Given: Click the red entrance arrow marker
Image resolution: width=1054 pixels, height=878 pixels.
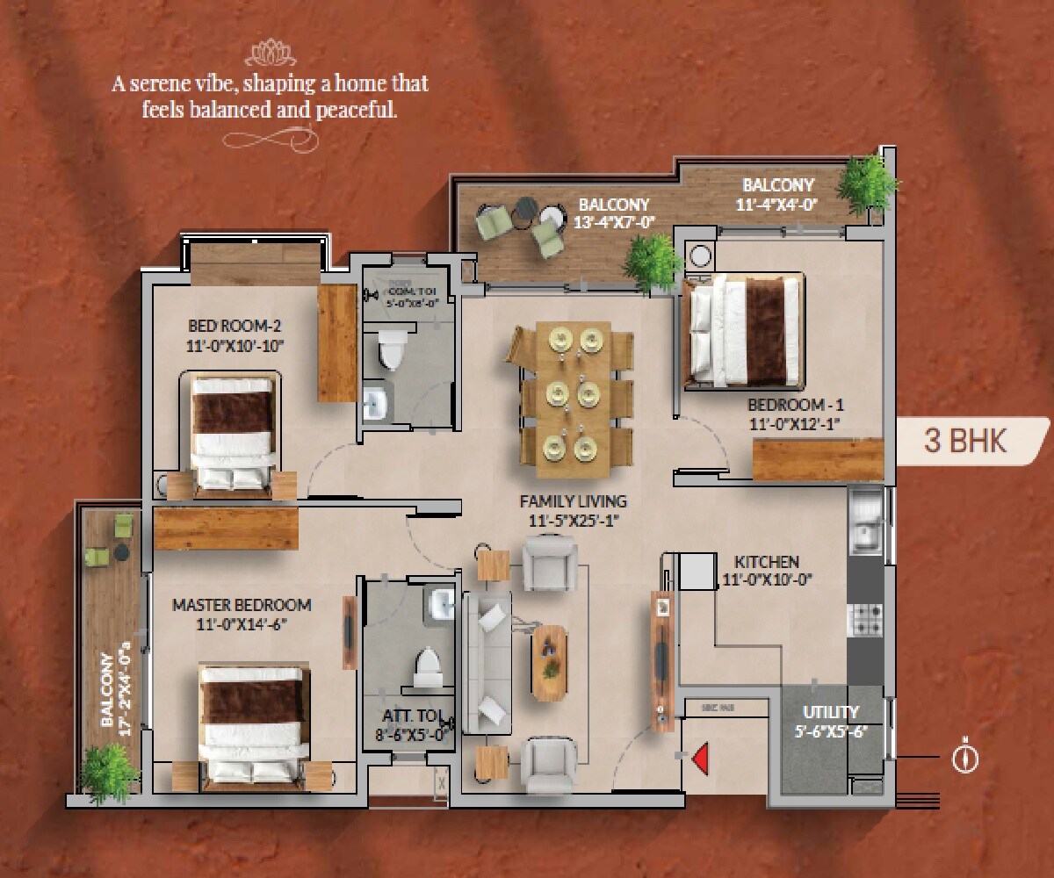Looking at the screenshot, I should point(701,759).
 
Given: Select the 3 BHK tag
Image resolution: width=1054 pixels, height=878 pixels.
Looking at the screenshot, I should point(965,441).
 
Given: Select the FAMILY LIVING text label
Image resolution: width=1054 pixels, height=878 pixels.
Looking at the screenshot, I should point(573,502).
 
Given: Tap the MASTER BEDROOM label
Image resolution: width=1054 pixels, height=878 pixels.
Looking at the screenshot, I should point(242,605).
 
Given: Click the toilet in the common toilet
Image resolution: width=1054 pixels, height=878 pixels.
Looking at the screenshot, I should point(391,352).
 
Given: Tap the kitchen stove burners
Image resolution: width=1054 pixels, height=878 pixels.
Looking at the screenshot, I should point(864,620).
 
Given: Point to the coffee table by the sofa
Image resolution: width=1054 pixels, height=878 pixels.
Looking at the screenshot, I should point(550,661).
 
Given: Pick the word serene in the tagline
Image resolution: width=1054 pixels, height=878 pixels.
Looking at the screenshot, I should point(178,85).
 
